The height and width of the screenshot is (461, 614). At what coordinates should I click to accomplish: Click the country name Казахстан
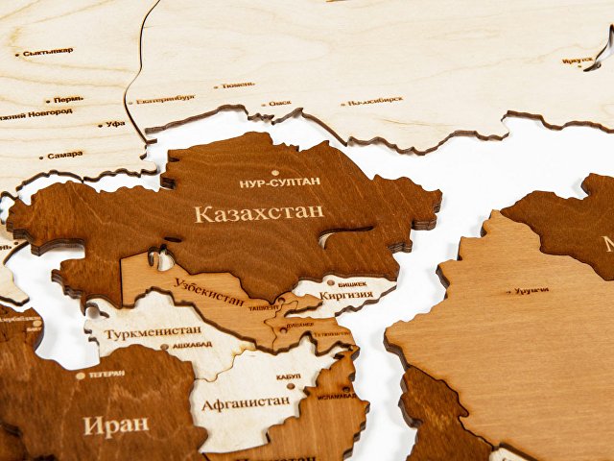tap(259, 212)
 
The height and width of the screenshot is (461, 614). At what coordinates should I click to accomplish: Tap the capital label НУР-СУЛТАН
tap(280, 182)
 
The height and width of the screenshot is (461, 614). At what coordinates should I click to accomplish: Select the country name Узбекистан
tap(209, 289)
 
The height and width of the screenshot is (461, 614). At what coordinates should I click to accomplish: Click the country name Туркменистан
tap(153, 331)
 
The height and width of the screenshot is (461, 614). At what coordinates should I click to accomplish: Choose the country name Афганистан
tap(246, 400)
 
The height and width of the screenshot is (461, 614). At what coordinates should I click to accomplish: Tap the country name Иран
tap(116, 425)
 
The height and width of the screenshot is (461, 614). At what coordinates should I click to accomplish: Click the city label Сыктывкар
tap(48, 51)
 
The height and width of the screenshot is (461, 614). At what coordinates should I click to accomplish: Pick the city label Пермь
tap(68, 99)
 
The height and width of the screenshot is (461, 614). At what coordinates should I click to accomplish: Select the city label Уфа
tap(116, 124)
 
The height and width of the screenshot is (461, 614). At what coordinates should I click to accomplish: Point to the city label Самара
tap(64, 155)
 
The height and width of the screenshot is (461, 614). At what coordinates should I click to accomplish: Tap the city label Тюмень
tap(237, 85)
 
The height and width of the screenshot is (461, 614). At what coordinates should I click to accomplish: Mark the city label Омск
tap(280, 103)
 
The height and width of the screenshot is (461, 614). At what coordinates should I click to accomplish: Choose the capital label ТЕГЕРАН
tap(106, 375)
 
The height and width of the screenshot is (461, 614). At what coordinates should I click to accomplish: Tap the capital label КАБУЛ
tap(288, 376)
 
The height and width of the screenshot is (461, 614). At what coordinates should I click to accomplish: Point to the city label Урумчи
tap(531, 290)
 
